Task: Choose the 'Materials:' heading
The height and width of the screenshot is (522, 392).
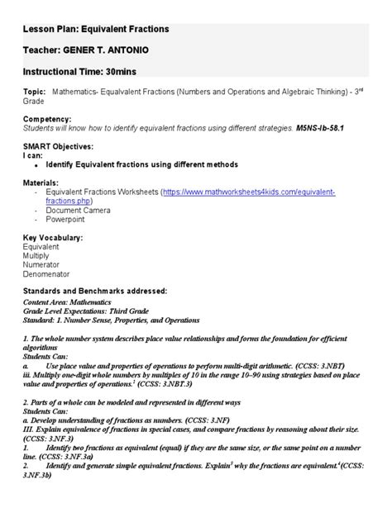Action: (x=42, y=182)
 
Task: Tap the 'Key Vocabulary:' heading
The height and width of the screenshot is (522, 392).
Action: (x=53, y=238)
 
